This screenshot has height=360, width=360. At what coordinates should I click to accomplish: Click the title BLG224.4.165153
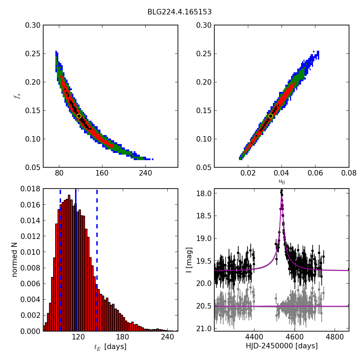(x=179, y=12)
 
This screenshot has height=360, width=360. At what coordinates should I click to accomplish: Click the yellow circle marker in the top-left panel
(x=79, y=116)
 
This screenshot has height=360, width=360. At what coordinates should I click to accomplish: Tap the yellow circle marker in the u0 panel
(x=271, y=116)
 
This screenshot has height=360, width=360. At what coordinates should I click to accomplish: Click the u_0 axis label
(x=281, y=182)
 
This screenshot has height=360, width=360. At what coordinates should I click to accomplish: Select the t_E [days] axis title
(x=110, y=347)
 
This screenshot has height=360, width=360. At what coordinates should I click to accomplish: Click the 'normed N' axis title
(x=15, y=260)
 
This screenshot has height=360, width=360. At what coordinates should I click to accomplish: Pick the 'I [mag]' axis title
(x=189, y=260)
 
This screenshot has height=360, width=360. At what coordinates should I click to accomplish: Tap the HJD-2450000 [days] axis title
(x=281, y=346)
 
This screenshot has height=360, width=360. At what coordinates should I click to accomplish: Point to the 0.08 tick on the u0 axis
(x=349, y=173)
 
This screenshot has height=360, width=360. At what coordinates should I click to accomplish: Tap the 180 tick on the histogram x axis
(x=123, y=337)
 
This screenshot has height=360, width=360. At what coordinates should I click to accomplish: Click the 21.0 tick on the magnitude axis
(x=204, y=329)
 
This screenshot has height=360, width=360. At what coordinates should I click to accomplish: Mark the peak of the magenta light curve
(x=281, y=196)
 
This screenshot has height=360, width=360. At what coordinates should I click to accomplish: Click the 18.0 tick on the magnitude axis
(x=204, y=193)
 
